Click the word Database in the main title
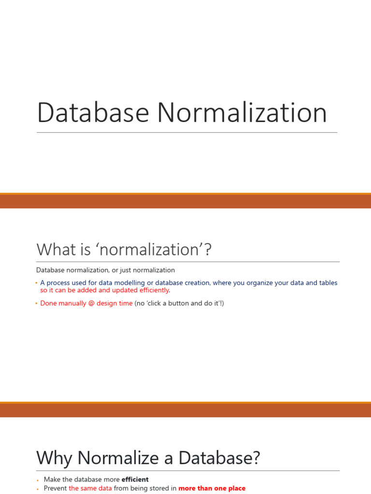pyautogui.click(x=93, y=112)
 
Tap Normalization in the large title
pyautogui.click(x=242, y=112)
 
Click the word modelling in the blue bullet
pyautogui.click(x=129, y=283)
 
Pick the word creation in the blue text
pyautogui.click(x=198, y=283)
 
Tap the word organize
pyautogui.click(x=259, y=283)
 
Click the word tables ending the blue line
pyautogui.click(x=328, y=283)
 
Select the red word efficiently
pyautogui.click(x=154, y=290)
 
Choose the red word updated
pyautogui.click(x=125, y=290)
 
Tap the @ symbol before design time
pyautogui.click(x=91, y=303)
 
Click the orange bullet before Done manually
pyautogui.click(x=37, y=303)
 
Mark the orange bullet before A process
pyautogui.click(x=37, y=283)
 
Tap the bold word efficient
pyautogui.click(x=135, y=480)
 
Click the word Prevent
pyautogui.click(x=55, y=488)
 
